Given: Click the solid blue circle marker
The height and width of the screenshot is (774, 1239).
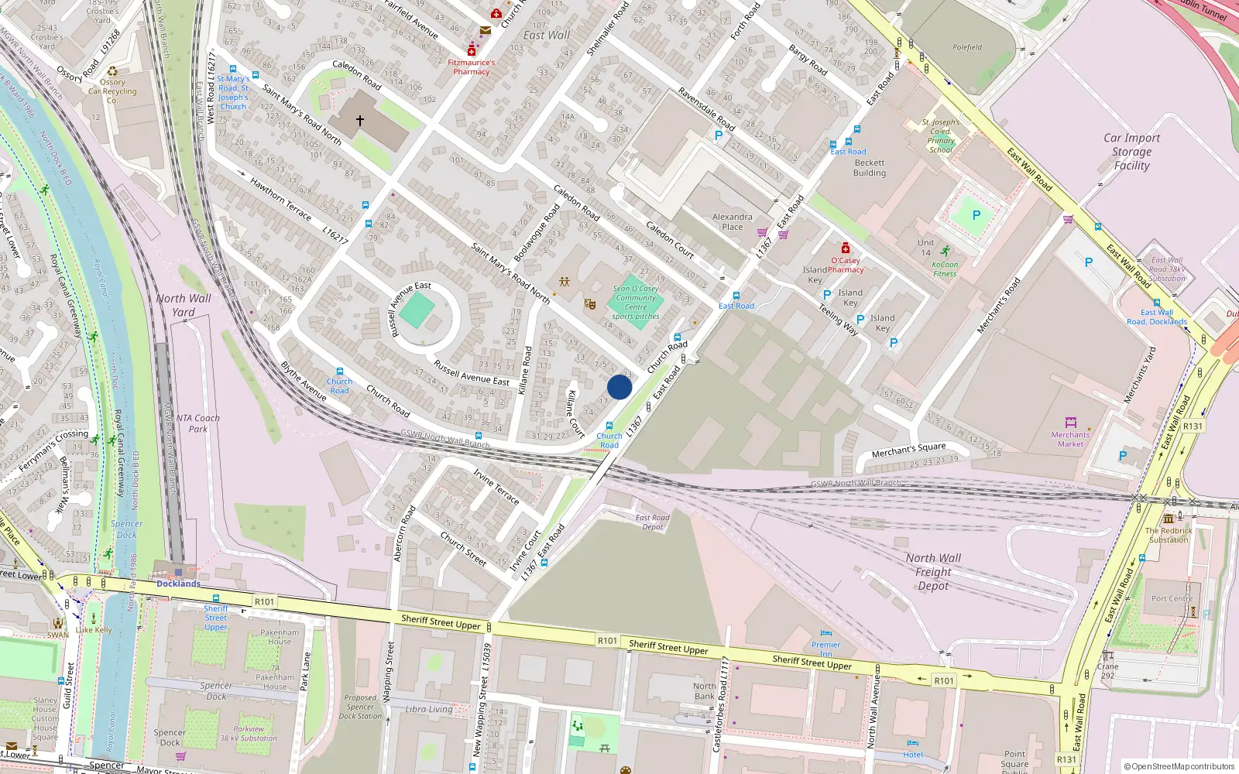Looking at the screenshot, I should (619, 387).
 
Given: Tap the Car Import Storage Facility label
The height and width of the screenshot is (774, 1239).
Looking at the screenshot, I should (1131, 152).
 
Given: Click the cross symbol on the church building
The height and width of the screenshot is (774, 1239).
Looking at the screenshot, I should (359, 121).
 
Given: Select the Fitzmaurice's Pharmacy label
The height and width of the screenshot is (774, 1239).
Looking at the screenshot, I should (472, 67).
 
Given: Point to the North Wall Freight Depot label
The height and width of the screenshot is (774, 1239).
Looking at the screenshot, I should (933, 572).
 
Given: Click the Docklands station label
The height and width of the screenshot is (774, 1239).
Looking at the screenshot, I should (178, 584).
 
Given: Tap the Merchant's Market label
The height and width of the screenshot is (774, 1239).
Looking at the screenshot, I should (1070, 439).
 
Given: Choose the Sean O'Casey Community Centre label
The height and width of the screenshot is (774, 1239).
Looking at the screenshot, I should (636, 302).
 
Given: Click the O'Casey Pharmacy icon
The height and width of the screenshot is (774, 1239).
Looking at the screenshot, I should (845, 248).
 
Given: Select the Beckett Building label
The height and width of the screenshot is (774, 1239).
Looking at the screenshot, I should (870, 168).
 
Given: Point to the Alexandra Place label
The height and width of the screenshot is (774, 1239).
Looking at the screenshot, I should (732, 222).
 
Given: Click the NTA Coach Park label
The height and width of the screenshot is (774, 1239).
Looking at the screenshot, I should (198, 423).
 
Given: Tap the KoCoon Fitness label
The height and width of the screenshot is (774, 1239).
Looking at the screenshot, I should (945, 269).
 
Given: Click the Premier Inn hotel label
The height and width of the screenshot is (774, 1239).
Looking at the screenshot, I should (826, 649).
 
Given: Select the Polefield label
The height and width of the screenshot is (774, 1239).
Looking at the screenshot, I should (967, 47).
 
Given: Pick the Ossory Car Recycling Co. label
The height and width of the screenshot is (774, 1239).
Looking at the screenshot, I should (112, 91).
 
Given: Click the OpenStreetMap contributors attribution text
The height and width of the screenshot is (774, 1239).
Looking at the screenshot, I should (1179, 767).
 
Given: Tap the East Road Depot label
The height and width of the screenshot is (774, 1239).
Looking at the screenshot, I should (652, 522).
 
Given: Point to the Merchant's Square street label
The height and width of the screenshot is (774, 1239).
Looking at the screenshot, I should (908, 450).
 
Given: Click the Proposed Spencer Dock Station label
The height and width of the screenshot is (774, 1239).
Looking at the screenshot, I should (360, 707).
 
